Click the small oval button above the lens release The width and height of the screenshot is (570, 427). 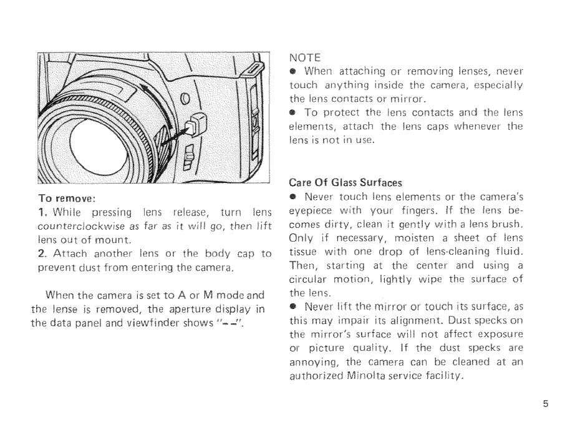(183, 99)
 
